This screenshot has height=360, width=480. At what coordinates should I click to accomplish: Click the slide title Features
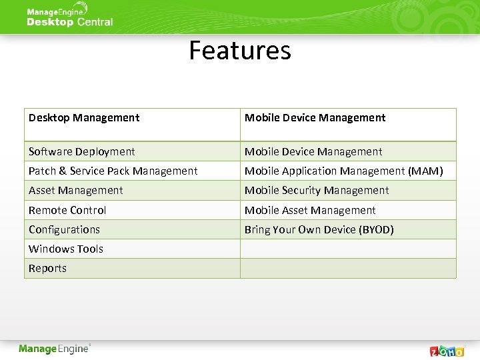(x=240, y=51)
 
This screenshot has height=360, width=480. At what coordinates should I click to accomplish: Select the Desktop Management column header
(x=84, y=118)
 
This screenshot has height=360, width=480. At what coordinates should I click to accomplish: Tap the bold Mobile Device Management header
(x=315, y=118)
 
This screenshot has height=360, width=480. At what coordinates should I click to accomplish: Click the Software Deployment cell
(x=81, y=152)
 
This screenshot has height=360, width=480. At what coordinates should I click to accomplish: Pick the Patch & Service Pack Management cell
(x=113, y=171)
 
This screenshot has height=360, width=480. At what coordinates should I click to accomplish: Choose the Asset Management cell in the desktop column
(x=75, y=191)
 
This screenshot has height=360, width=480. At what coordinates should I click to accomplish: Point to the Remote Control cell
(x=67, y=210)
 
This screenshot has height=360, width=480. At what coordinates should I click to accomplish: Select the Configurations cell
(x=64, y=229)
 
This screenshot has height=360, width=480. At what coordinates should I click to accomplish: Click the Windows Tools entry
(x=65, y=249)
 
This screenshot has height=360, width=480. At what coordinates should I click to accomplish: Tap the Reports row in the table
(x=47, y=268)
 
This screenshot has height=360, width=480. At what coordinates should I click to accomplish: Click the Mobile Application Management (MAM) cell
(x=343, y=171)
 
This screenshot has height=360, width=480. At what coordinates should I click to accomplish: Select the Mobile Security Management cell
(x=316, y=191)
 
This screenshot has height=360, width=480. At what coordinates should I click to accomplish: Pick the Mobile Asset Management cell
(x=310, y=210)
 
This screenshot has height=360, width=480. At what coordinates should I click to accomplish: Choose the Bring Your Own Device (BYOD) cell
(x=319, y=229)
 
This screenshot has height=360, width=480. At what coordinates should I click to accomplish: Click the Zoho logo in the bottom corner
(x=447, y=351)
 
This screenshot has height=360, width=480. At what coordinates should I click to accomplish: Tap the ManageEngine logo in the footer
(x=55, y=349)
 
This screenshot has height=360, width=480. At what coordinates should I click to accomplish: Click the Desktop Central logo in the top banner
(x=69, y=17)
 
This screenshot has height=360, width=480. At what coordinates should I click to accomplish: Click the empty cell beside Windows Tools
(x=348, y=249)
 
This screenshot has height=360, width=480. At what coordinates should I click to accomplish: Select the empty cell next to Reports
(x=348, y=268)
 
